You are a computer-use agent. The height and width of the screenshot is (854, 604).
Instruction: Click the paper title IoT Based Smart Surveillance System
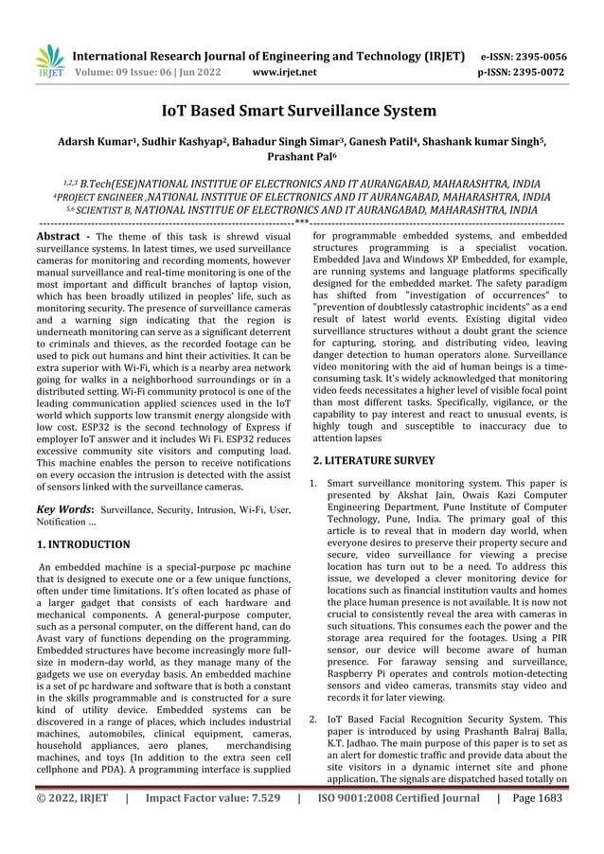point(300,112)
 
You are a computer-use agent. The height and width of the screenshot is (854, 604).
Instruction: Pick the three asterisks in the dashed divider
point(301,222)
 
